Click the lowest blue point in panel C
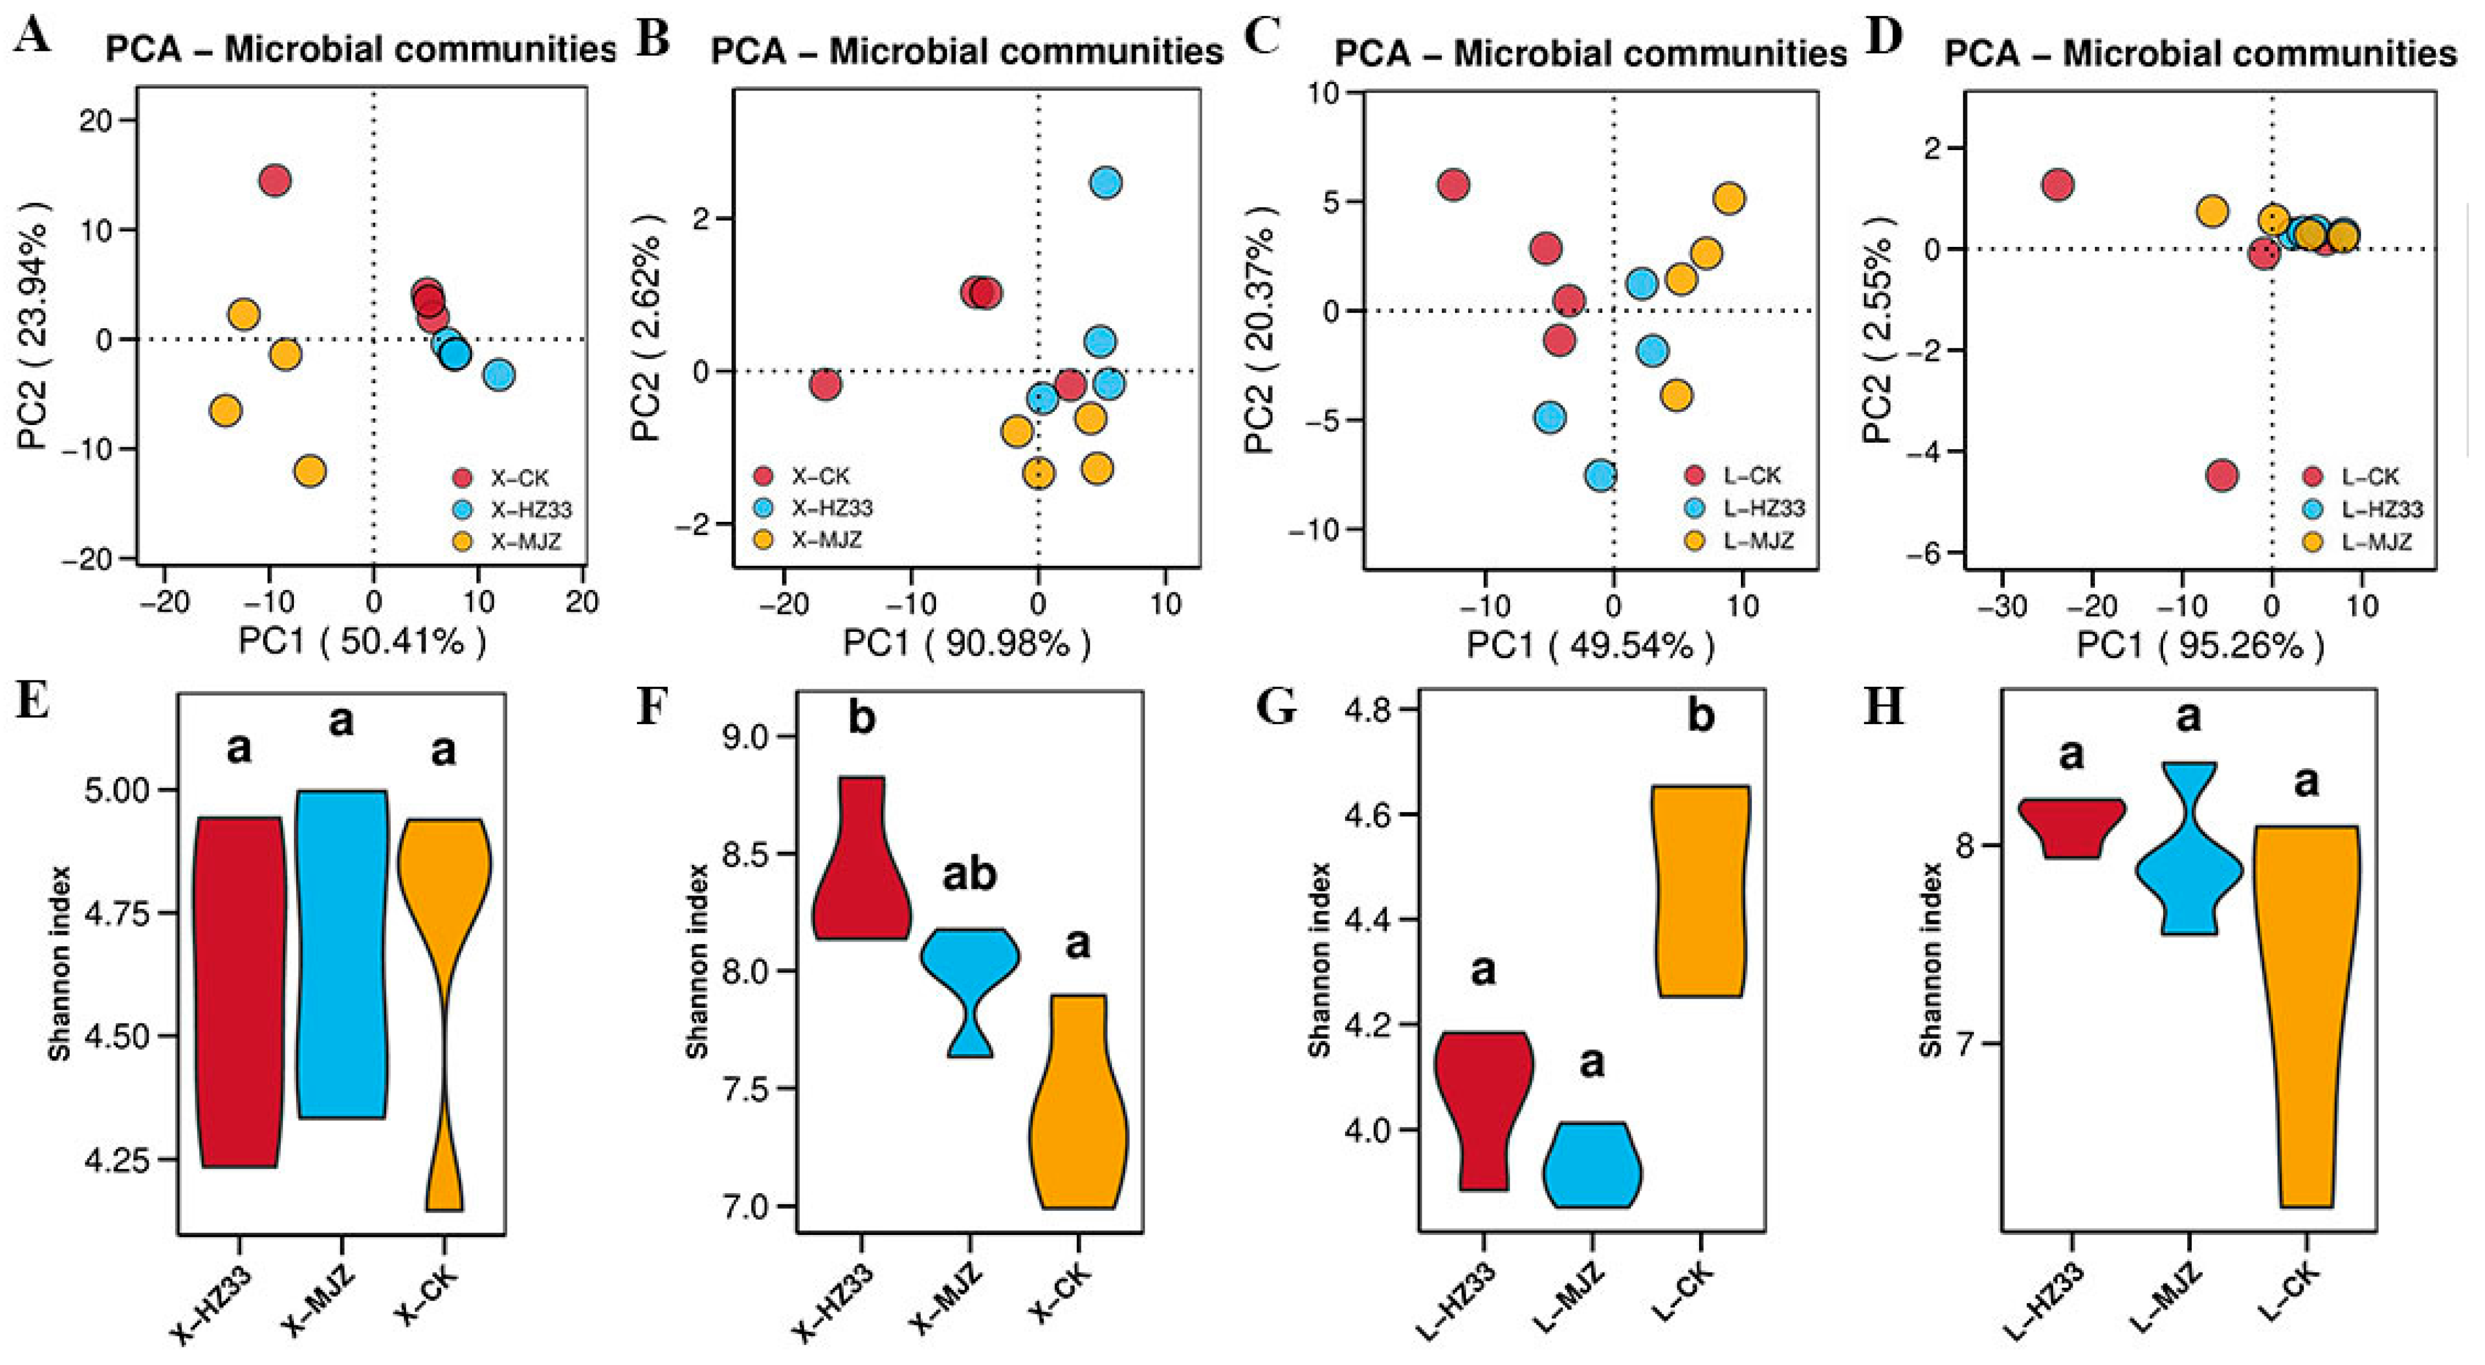(x=1601, y=475)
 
